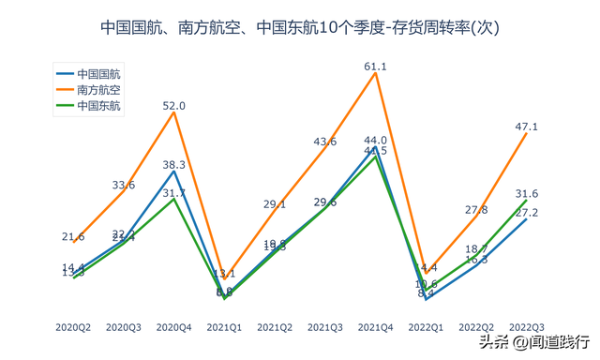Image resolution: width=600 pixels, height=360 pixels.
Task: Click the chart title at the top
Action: pos(300,28)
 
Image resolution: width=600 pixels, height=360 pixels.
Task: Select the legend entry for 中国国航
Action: pos(103,72)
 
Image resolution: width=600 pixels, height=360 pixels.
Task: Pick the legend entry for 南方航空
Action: pos(103,89)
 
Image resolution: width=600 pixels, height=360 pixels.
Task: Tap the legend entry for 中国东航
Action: pos(103,105)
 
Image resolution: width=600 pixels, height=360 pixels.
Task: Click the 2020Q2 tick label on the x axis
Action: pos(73,326)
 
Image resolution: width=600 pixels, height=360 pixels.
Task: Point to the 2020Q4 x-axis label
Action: pos(174,326)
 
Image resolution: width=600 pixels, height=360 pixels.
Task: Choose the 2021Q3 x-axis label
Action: pos(325,326)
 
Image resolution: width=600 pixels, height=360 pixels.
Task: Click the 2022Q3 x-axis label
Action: pos(527,326)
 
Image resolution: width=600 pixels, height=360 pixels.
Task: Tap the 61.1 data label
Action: pos(376,67)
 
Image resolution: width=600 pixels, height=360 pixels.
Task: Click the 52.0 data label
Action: pos(174,106)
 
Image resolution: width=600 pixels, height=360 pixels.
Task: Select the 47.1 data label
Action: pos(527,127)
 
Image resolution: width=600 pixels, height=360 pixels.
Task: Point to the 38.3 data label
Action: pos(174,164)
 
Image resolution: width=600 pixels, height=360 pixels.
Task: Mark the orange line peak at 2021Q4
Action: pos(376,74)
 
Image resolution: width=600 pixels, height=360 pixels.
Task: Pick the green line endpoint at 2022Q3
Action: pos(527,201)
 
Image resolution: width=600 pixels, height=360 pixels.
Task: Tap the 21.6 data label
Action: pos(73,236)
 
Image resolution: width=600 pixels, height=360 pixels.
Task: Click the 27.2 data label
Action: pos(527,213)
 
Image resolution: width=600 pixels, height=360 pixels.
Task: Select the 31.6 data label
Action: pos(527,193)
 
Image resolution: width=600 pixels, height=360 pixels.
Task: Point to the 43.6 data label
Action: pos(325,142)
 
